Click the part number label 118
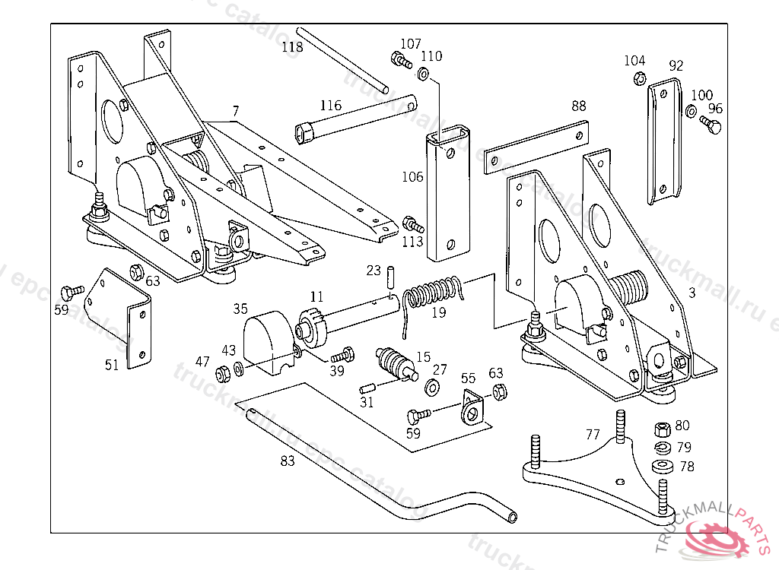292,47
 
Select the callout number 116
331,106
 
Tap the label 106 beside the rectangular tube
413,177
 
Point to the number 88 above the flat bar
579,106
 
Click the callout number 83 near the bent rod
288,461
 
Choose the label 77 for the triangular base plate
593,435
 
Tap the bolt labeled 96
712,125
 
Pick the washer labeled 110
424,74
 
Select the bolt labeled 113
412,224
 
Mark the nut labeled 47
224,373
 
